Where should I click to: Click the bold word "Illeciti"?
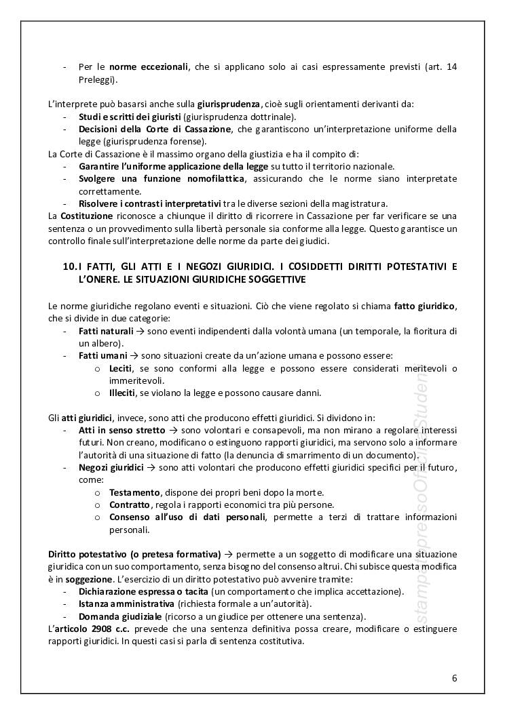[x=122, y=392]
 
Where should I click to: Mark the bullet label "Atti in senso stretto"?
[x=121, y=430]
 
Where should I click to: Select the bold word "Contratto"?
[x=129, y=504]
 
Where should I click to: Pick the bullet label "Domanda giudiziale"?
[x=119, y=616]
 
